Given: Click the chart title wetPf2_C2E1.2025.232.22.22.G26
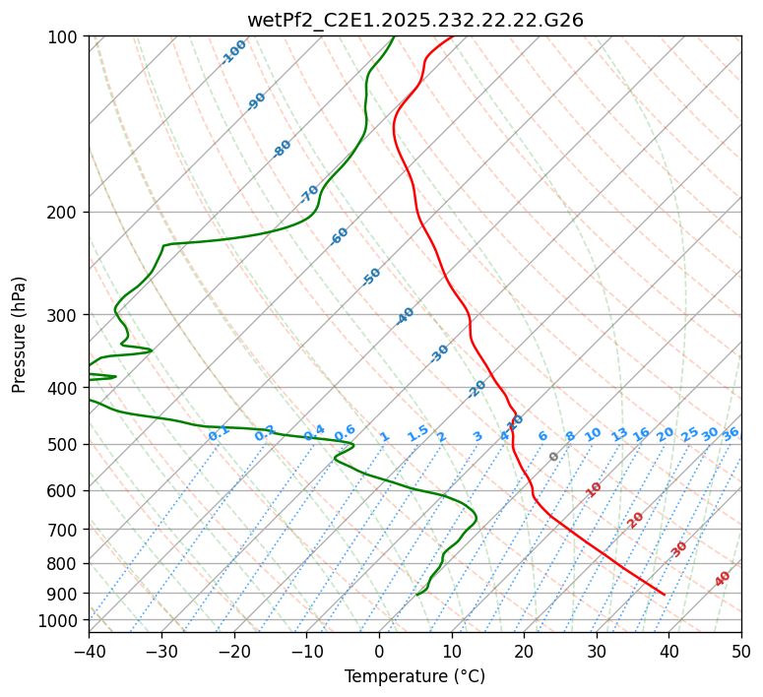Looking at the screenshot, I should point(414,20).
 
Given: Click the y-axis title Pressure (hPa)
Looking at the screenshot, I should point(19,334).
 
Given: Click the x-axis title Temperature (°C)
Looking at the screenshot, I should point(414,676).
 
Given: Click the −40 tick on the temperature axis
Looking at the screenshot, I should point(89,651).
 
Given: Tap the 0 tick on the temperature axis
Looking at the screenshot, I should point(379,651).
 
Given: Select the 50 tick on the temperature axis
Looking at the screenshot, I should point(741,651).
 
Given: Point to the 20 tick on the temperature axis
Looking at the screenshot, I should point(524,651).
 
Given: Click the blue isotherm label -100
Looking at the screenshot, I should point(234,52).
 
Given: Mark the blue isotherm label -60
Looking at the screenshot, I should point(340,236).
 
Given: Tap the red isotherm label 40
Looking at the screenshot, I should point(723,579).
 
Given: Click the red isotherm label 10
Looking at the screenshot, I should point(594,489).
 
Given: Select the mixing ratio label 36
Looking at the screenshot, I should point(731,433).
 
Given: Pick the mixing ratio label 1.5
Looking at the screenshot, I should point(417,433).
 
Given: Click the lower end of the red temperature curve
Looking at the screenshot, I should point(665,595).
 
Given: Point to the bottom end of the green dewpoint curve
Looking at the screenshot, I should point(417,595).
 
